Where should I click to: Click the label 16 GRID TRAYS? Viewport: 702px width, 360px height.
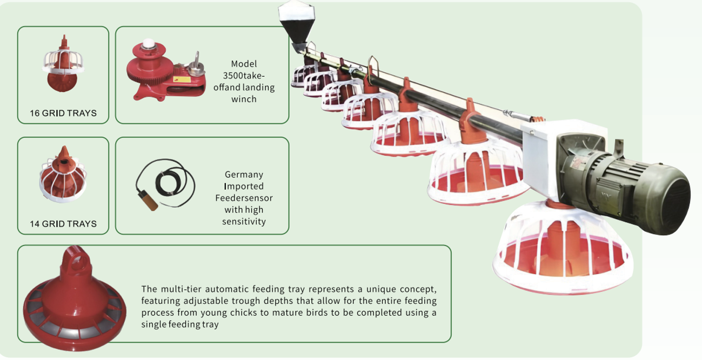63,113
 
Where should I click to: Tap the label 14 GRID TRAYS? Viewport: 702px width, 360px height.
63,224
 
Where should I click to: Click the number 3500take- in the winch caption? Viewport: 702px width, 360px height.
244,76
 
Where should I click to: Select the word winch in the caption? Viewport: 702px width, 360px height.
244,99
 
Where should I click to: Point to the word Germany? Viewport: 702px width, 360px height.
244,175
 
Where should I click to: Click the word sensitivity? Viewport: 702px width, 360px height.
244,222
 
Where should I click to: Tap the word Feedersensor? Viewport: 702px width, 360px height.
244,198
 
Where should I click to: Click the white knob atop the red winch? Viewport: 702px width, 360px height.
148,44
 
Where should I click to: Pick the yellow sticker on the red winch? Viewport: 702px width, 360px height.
182,79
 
